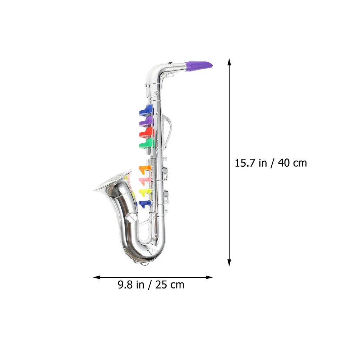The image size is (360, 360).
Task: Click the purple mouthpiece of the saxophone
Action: click(199, 65)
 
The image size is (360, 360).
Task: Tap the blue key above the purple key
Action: click(146, 110)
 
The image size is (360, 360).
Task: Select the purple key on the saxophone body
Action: click(146, 121)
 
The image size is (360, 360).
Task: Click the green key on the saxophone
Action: click(146, 144)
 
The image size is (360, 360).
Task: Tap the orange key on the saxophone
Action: click(145, 170)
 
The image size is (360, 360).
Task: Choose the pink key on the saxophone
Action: click(145, 181)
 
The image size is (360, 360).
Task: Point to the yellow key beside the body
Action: click(145, 192)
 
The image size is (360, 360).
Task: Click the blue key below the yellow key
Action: click(146, 204)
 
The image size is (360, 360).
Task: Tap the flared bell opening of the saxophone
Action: click(112, 180)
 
